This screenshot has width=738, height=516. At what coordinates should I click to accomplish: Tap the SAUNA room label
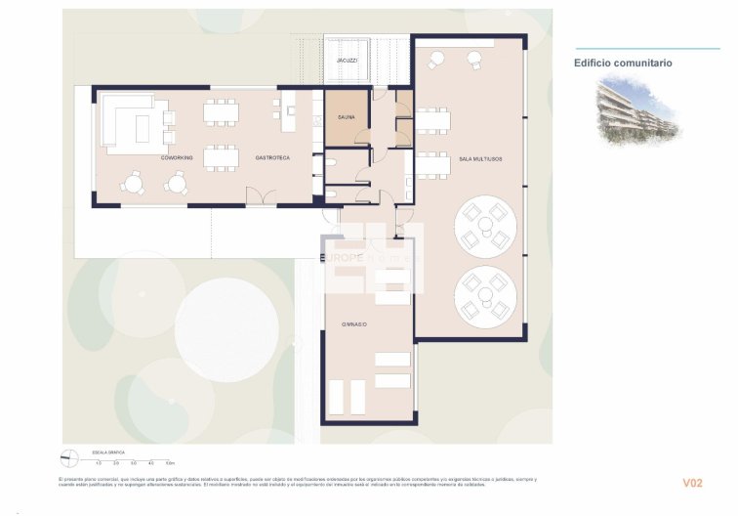(x=347, y=116)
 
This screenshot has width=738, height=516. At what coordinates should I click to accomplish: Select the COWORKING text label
(x=177, y=157)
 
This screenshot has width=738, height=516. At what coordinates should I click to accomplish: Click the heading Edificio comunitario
(x=622, y=63)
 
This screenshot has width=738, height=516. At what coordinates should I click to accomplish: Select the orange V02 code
(x=692, y=483)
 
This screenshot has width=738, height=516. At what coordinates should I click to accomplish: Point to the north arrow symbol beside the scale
(x=68, y=457)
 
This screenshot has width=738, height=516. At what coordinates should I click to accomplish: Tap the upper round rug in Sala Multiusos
(x=485, y=228)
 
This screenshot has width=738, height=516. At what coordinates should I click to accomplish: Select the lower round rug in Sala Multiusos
(x=485, y=296)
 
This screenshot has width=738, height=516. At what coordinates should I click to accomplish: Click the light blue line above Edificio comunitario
(x=634, y=48)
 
